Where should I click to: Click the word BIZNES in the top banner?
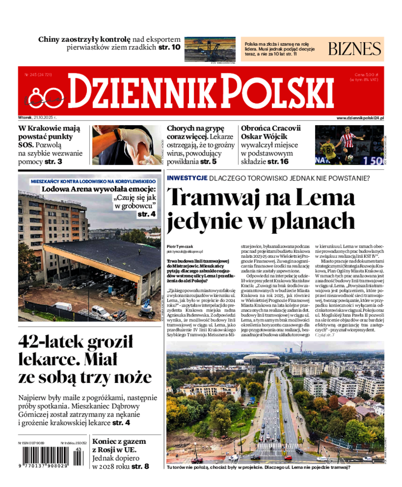(x=355, y=49)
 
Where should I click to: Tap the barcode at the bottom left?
(x=50, y=459)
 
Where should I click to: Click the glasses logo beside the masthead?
(x=45, y=95)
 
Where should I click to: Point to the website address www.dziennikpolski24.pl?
(x=360, y=118)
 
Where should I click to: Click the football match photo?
(x=349, y=145)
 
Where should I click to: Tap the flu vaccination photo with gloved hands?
(x=127, y=145)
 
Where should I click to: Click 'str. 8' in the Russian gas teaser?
(x=140, y=466)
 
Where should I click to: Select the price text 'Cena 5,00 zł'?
(x=366, y=74)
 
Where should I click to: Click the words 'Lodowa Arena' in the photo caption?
(x=66, y=189)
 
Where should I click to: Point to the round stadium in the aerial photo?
(x=261, y=358)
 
